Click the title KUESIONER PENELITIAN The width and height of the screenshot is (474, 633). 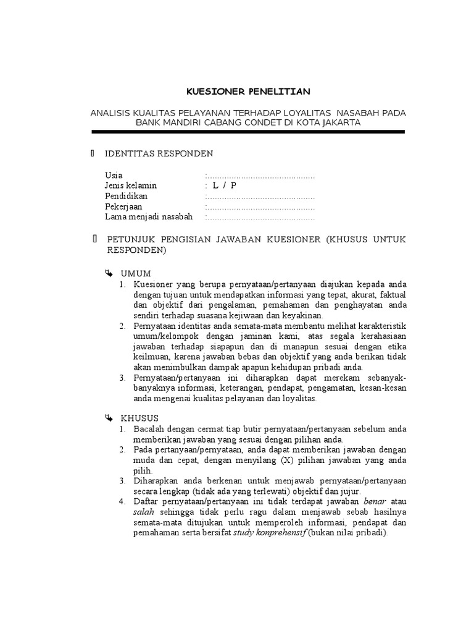coord(248,91)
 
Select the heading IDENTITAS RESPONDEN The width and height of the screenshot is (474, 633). coord(159,153)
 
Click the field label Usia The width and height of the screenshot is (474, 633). coord(114,176)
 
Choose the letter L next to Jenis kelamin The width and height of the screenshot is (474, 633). coord(215,186)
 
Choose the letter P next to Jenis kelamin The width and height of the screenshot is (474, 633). coord(234,186)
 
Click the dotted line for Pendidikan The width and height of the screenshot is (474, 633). coord(260,197)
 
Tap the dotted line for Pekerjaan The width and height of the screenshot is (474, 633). coord(260,207)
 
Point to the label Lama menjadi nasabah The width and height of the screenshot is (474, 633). coord(149,217)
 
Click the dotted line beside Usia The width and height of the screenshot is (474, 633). coord(260,176)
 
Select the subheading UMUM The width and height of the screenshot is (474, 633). coord(136,273)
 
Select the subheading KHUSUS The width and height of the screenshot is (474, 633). coord(140,418)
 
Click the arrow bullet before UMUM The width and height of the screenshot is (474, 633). coord(109,273)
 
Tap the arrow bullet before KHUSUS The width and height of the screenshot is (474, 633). coord(109,418)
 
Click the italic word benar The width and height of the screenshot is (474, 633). coord(376,501)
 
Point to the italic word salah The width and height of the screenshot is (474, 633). coord(143,512)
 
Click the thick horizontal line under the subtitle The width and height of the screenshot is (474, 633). coord(248,132)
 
